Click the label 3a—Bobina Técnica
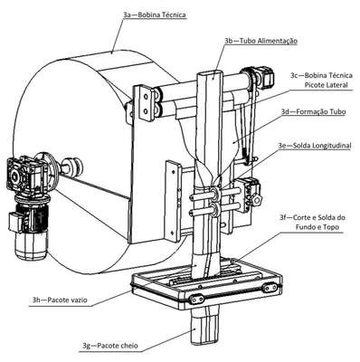155,14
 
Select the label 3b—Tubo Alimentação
261,41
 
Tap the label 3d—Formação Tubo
314,111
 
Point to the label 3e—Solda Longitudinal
315,146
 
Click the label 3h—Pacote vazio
60,300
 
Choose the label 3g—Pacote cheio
110,345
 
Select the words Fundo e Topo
317,227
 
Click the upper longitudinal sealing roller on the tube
215,193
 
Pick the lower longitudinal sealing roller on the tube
215,209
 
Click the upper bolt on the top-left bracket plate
146,97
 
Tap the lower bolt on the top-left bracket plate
146,111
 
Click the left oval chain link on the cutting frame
195,300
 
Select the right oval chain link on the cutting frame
270,288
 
